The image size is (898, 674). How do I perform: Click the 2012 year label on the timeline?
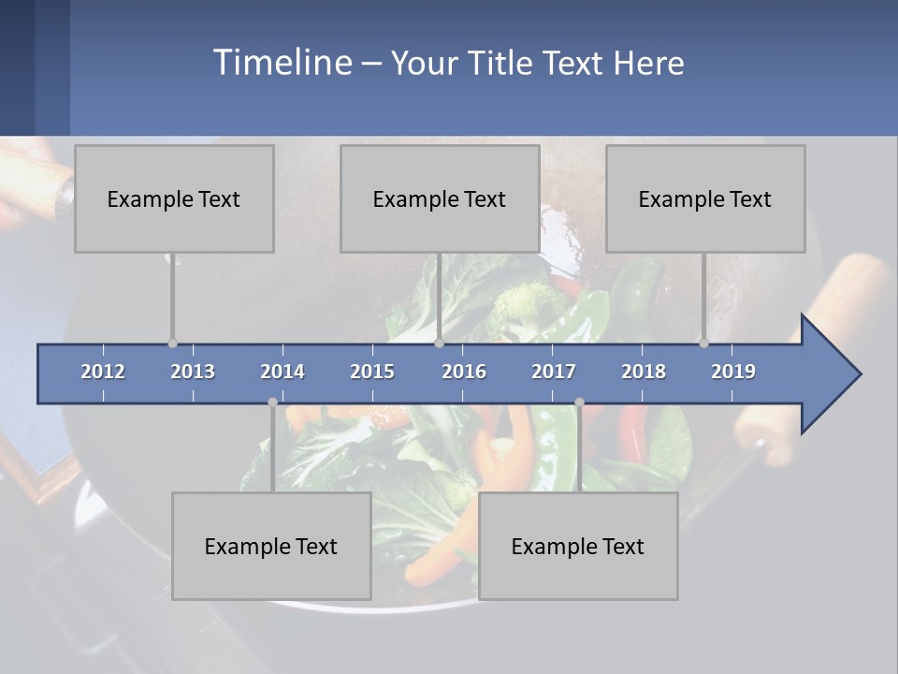[x=103, y=372]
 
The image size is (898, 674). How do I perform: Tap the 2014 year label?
[x=282, y=372]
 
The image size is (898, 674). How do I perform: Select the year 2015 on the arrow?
[x=372, y=372]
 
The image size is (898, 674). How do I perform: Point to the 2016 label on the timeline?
[x=464, y=372]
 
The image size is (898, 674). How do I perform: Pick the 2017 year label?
[x=554, y=372]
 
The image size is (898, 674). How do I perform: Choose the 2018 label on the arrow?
[x=644, y=372]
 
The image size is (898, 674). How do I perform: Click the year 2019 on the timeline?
[x=733, y=372]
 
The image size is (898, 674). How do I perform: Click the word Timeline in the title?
[x=282, y=63]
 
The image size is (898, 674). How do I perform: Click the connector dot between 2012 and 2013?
[x=172, y=343]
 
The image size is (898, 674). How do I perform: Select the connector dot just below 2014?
[x=272, y=403]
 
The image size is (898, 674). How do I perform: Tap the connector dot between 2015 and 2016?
[x=439, y=343]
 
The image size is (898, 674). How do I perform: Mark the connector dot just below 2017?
[x=579, y=403]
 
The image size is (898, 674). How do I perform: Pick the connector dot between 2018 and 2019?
[x=703, y=343]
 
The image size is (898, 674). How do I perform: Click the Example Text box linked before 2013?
[x=174, y=198]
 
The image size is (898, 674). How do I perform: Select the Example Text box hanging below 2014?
[x=271, y=546]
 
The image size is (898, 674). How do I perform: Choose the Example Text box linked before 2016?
[x=440, y=198]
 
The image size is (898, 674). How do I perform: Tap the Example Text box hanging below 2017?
[x=578, y=546]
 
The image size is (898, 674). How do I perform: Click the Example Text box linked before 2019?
[x=705, y=198]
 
